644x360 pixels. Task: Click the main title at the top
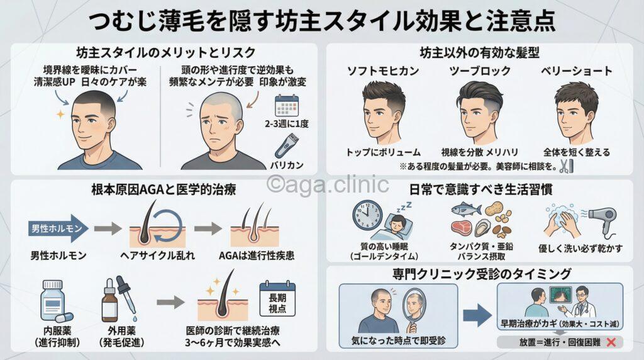pyautogui.click(x=321, y=20)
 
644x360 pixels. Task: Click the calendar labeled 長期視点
pyautogui.click(x=277, y=299)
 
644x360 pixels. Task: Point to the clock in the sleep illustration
pyautogui.click(x=368, y=216)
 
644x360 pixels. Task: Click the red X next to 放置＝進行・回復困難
pyautogui.click(x=610, y=342)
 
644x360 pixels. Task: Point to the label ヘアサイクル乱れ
pyautogui.click(x=155, y=256)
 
